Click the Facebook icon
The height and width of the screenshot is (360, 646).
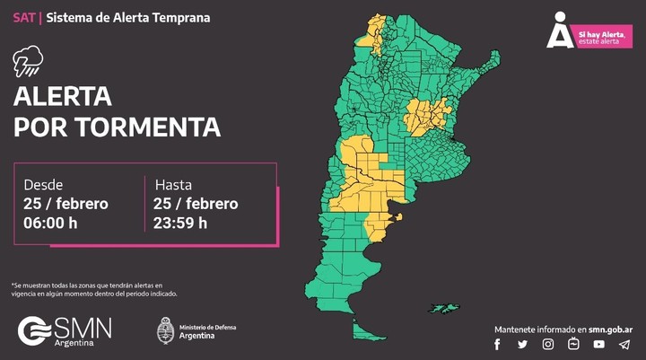pos(497,344)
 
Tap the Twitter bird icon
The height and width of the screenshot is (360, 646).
pos(522,344)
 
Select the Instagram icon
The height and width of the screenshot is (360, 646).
pos(547,344)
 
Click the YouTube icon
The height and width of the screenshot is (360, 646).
pos(598,344)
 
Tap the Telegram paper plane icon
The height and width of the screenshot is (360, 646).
pos(624,344)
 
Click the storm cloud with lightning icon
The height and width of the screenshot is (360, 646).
pos(27,61)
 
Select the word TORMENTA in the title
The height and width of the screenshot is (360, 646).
pos(148,127)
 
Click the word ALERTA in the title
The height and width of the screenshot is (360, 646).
pos(62,96)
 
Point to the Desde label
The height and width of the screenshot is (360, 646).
pos(43,184)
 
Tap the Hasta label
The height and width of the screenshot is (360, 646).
pos(173,184)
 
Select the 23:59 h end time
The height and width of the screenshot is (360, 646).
pos(180,223)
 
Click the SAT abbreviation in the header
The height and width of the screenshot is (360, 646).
pos(23,17)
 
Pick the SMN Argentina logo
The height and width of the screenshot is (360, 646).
pos(65,330)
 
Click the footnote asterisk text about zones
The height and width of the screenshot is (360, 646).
pos(94,289)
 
